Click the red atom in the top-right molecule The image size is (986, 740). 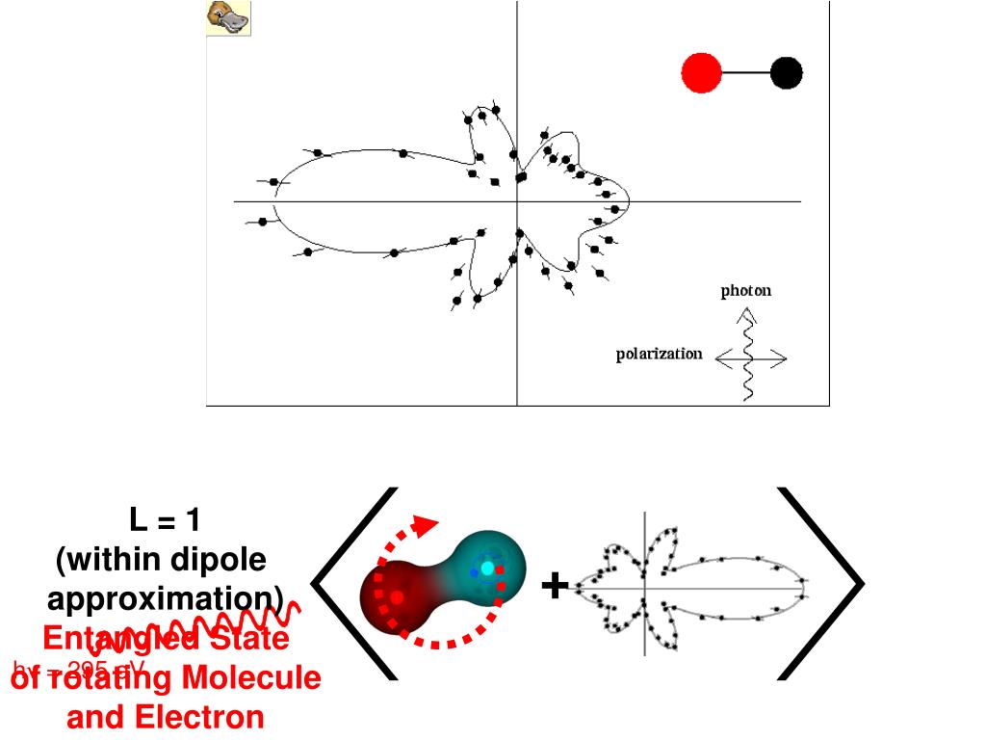click(x=702, y=72)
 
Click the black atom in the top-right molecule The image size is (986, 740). click(x=787, y=72)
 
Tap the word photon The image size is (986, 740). click(x=746, y=291)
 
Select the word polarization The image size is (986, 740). click(x=660, y=354)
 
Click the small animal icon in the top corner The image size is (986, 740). click(x=229, y=18)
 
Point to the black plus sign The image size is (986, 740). click(x=554, y=585)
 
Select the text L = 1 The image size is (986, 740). click(x=165, y=521)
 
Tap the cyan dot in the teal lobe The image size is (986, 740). click(x=487, y=568)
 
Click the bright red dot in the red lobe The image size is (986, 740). click(x=397, y=597)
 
